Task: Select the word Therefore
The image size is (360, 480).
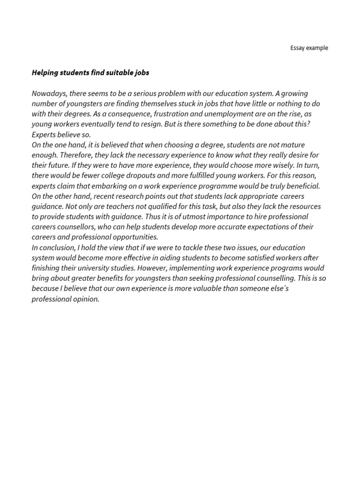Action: [x=71, y=155]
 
